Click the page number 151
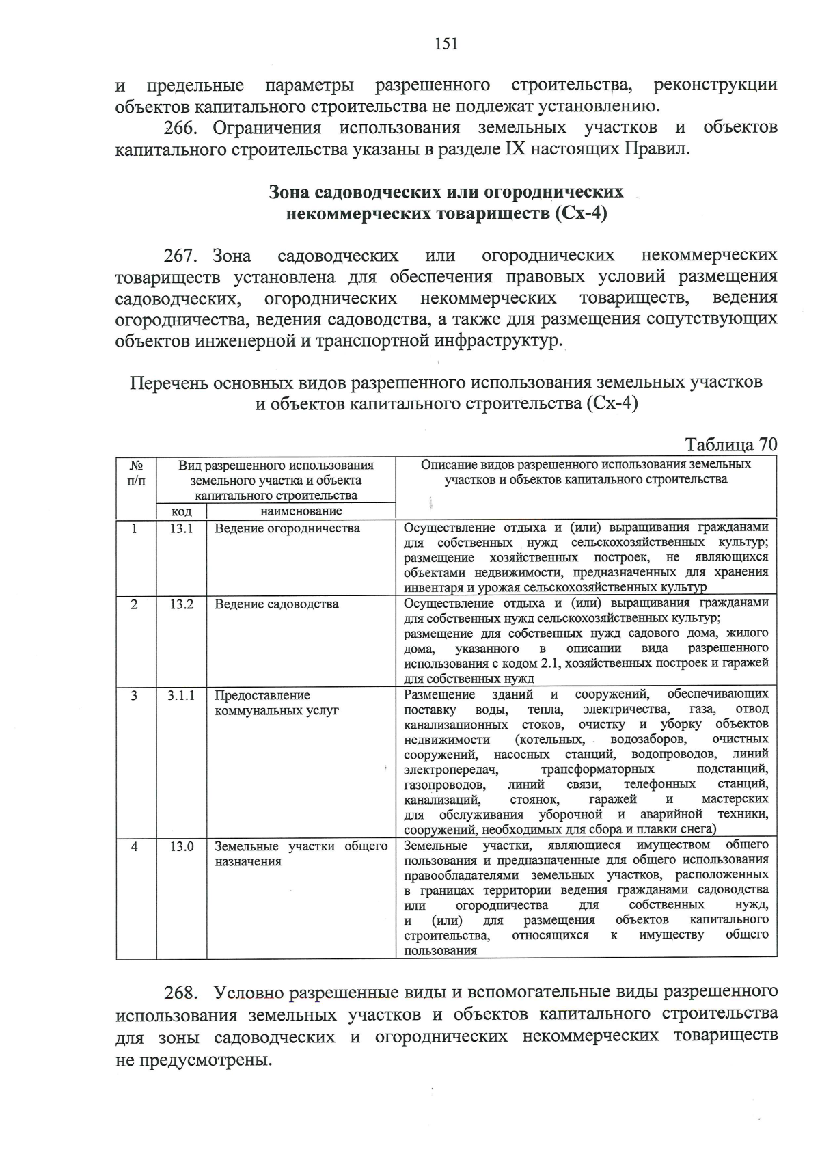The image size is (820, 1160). pos(446,44)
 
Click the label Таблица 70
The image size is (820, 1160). pos(730,444)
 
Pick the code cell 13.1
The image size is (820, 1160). pos(181,528)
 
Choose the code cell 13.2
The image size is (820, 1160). pos(181,604)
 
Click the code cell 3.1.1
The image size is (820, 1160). pos(181,695)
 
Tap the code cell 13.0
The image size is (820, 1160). pos(181,846)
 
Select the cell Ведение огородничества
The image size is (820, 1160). pos(287,528)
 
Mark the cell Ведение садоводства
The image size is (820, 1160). pos(276,604)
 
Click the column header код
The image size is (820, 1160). pos(181,511)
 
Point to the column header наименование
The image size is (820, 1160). pos(301,511)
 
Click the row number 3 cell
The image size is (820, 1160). pos(135,695)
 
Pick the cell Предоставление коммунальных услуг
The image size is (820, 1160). pos(276,703)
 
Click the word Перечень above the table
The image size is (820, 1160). pos(169,382)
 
